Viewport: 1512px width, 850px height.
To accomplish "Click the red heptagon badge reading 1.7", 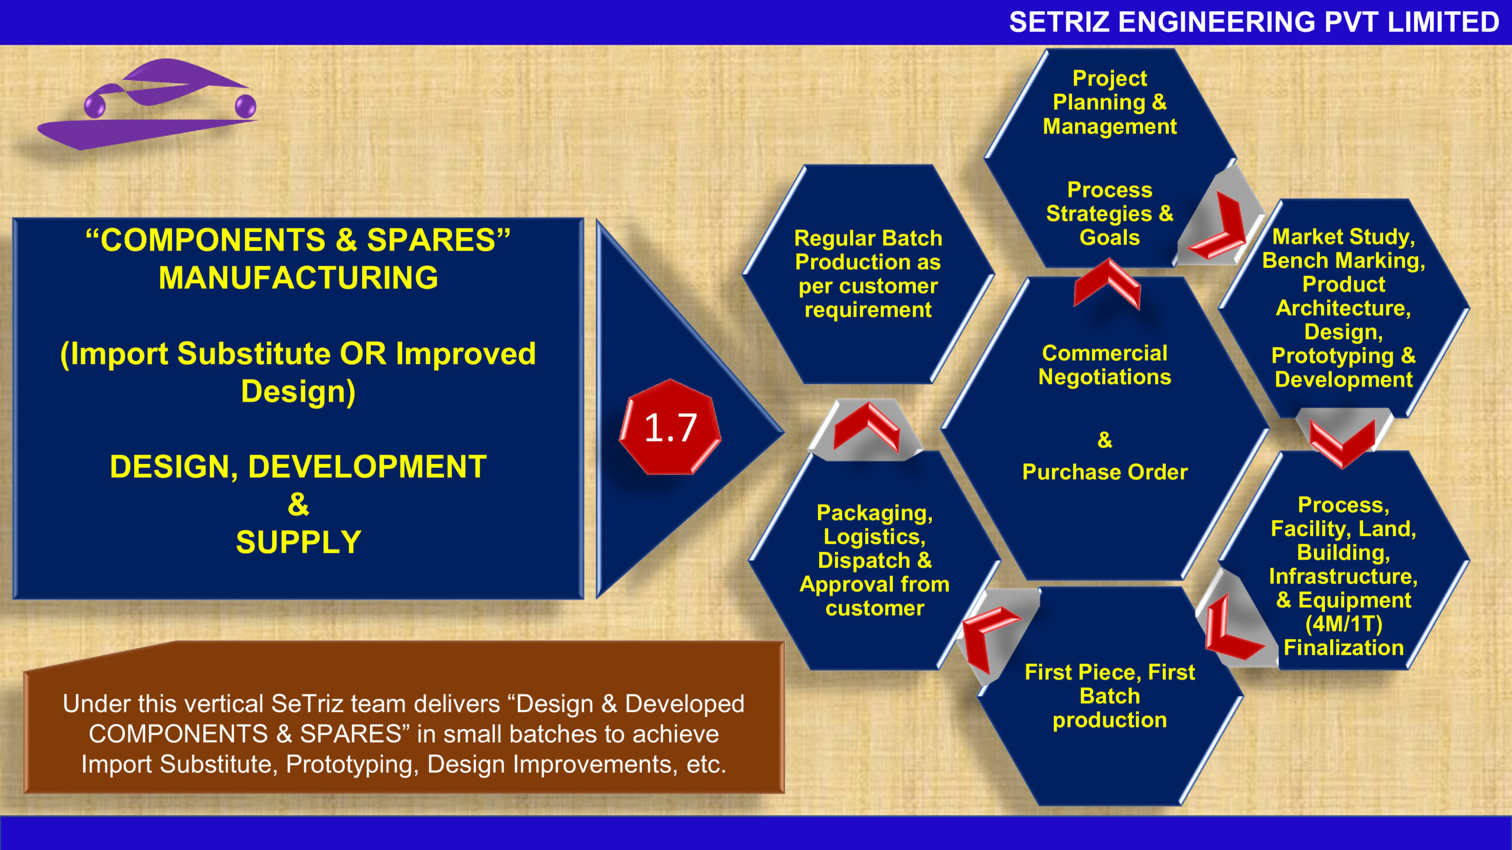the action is (670, 427).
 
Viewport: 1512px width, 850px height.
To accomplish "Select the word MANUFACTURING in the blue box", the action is (298, 278).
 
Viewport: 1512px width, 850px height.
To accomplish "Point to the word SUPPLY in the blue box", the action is (298, 542).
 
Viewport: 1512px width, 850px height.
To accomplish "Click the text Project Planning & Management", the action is (1110, 102).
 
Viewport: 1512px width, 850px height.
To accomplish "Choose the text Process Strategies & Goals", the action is (1110, 214).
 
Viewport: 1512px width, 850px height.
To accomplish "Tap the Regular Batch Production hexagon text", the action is (868, 274).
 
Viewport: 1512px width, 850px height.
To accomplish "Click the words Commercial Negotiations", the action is (1104, 365).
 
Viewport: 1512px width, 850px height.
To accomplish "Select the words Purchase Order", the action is (1104, 472).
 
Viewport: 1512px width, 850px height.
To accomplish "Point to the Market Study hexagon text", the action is (1344, 308).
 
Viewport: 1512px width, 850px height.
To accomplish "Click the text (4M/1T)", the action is (1344, 624).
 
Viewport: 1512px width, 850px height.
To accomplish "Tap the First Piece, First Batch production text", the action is (1110, 696).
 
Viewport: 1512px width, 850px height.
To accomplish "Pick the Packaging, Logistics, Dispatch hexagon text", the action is (875, 560).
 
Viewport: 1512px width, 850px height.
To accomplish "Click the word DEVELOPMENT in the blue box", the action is (367, 467).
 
